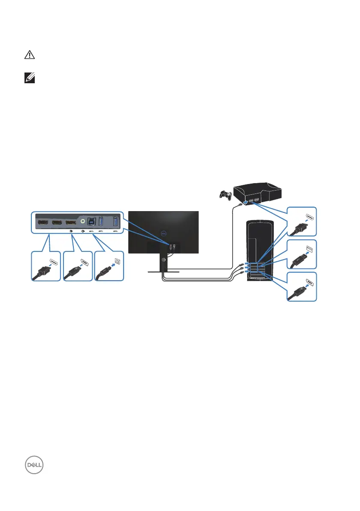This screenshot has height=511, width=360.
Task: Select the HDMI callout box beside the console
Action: tap(302, 221)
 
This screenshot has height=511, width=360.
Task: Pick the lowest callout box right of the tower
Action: tap(302, 286)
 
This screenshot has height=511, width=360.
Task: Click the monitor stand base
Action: tap(163, 272)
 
